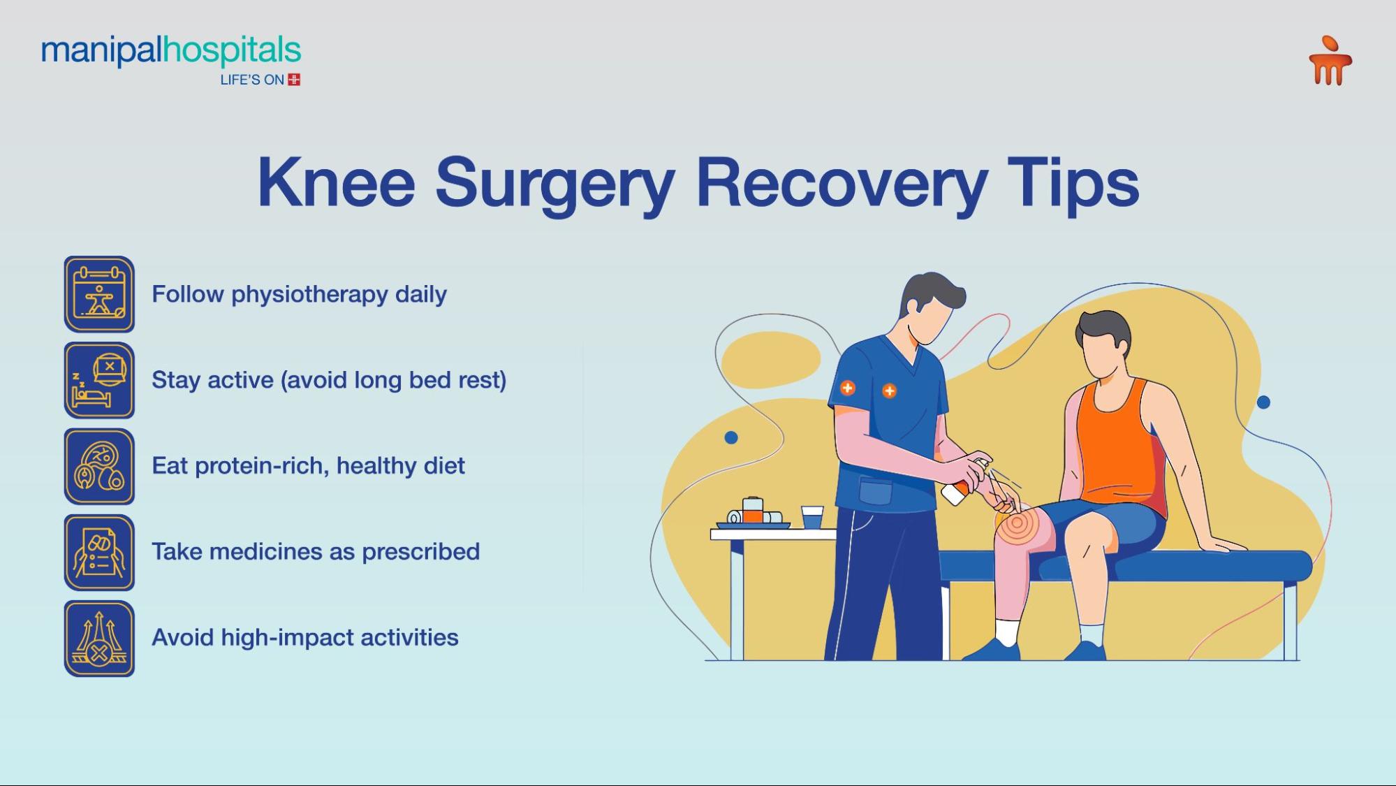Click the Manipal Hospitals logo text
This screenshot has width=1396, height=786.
click(x=170, y=52)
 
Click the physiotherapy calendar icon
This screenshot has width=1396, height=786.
click(x=99, y=294)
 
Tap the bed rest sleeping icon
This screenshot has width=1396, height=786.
click(x=99, y=381)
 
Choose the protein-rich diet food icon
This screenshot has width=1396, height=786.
click(x=99, y=467)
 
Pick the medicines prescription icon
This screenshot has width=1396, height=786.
click(x=99, y=553)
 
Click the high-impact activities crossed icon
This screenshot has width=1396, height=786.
click(x=99, y=639)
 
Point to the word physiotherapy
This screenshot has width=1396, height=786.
click(x=309, y=295)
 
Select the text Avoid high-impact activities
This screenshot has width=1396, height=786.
click(x=304, y=637)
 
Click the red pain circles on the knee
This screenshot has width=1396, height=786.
click(x=1017, y=524)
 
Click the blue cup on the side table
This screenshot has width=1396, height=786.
click(x=812, y=518)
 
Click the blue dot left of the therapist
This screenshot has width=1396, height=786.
click(x=731, y=437)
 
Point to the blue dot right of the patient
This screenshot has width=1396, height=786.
click(x=1263, y=402)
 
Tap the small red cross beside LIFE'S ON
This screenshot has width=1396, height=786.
click(x=294, y=80)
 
